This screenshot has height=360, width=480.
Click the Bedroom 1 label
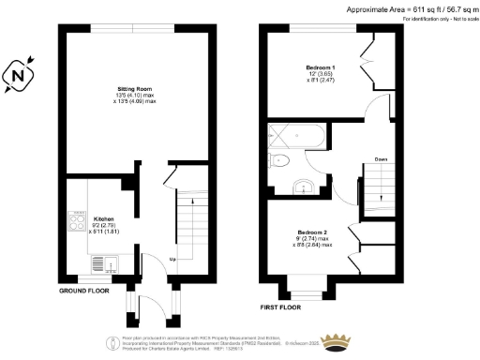[322, 68]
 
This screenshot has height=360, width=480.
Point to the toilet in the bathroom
[278, 161]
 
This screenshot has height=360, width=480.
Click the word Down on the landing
[382, 159]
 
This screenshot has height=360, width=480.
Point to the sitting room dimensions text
[128, 98]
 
